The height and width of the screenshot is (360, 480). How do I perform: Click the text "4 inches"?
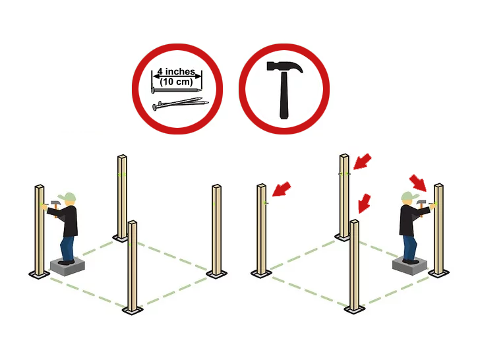[176, 72]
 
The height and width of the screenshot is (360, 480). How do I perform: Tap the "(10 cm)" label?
[176, 82]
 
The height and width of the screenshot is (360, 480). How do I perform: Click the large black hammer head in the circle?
[284, 67]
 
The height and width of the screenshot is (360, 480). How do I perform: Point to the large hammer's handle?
[284, 96]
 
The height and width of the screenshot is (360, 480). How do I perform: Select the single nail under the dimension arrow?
[176, 90]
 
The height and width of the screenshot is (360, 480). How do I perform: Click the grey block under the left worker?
[67, 266]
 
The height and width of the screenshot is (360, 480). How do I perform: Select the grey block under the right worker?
[410, 266]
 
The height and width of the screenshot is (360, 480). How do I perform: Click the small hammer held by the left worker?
[55, 206]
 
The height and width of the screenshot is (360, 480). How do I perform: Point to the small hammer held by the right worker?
[422, 205]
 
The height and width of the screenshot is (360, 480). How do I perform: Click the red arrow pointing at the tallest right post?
[363, 162]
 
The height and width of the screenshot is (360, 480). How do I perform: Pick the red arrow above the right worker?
[418, 183]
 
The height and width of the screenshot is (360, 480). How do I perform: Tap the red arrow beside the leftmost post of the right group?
[282, 189]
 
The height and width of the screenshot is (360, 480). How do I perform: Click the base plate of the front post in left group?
[133, 310]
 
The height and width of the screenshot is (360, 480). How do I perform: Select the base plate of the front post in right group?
[355, 309]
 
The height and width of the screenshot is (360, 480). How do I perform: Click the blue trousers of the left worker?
[67, 249]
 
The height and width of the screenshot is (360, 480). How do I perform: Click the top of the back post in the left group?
[122, 157]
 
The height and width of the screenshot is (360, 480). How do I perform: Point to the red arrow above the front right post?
[364, 203]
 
